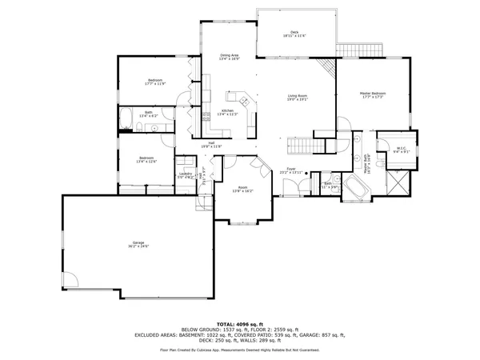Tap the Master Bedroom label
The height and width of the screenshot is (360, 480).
coord(373,94)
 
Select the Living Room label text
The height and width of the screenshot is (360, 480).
coord(298,96)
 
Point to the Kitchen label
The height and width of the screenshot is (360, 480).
coord(226,110)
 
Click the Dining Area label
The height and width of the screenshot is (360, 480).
coord(230,55)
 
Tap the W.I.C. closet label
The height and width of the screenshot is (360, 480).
coord(402,148)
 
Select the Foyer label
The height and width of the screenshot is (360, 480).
coord(291,169)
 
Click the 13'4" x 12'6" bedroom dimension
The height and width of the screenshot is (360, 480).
coord(146,162)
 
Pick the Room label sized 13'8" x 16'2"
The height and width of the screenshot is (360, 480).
coord(242,190)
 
